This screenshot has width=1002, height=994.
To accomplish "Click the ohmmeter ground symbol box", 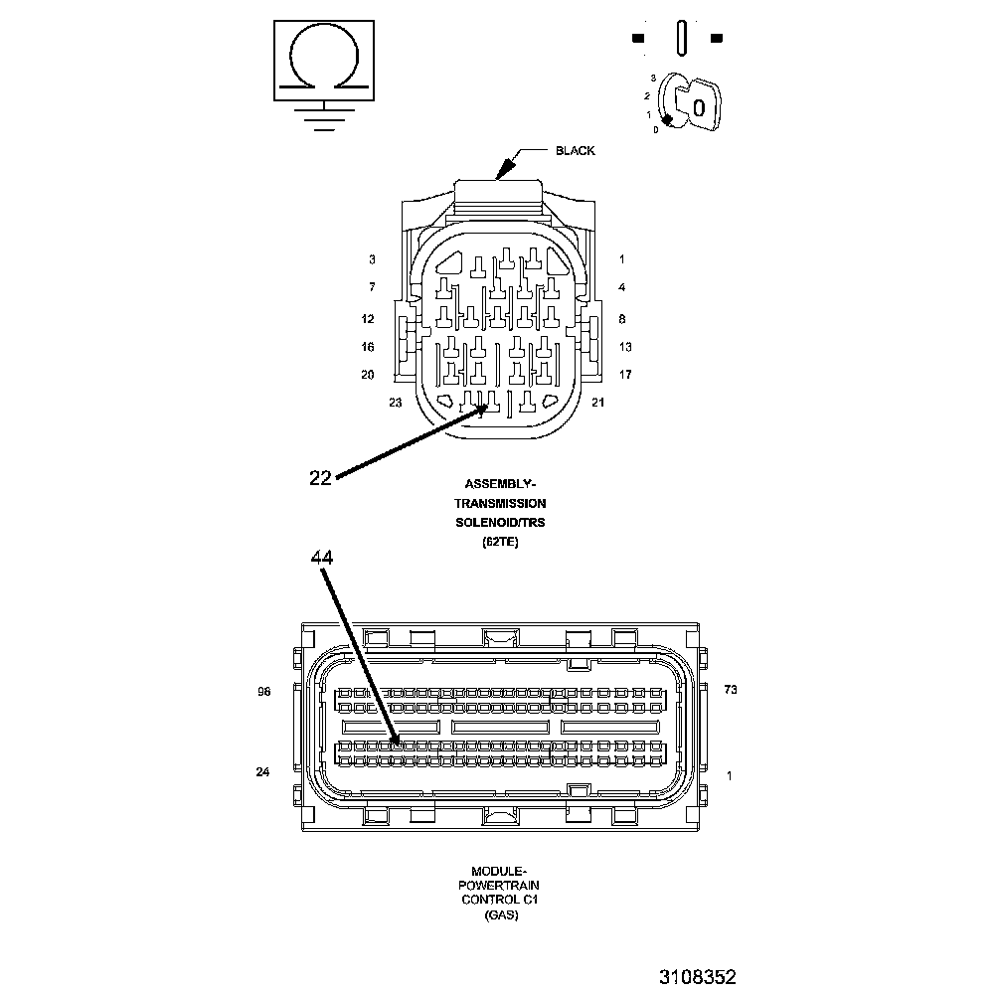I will pyautogui.click(x=323, y=60).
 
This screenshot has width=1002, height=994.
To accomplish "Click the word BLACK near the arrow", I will pyautogui.click(x=575, y=151).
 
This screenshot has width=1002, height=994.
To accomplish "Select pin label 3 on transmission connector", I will pyautogui.click(x=372, y=259).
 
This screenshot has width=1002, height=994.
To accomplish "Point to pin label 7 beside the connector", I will pyautogui.click(x=372, y=287).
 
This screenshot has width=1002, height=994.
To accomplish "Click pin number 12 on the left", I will pyautogui.click(x=368, y=319).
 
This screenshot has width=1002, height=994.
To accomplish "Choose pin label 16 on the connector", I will pyautogui.click(x=368, y=347).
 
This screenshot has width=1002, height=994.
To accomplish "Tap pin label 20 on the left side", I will pyautogui.click(x=368, y=375).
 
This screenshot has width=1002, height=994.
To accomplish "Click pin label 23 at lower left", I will pyautogui.click(x=395, y=403).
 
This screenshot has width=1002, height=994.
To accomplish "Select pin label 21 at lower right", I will pyautogui.click(x=597, y=403).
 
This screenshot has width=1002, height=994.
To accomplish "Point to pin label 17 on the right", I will pyautogui.click(x=625, y=375).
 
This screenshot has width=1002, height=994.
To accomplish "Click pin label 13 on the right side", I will pyautogui.click(x=625, y=347).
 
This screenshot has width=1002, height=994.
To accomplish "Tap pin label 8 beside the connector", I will pyautogui.click(x=621, y=319).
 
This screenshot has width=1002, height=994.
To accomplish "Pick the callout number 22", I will pyautogui.click(x=320, y=478).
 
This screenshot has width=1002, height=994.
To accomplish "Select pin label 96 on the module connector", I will pyautogui.click(x=263, y=691).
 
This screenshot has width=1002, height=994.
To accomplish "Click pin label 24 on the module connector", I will pyautogui.click(x=263, y=772).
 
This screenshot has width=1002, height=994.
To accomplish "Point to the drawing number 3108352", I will pyautogui.click(x=697, y=977).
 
